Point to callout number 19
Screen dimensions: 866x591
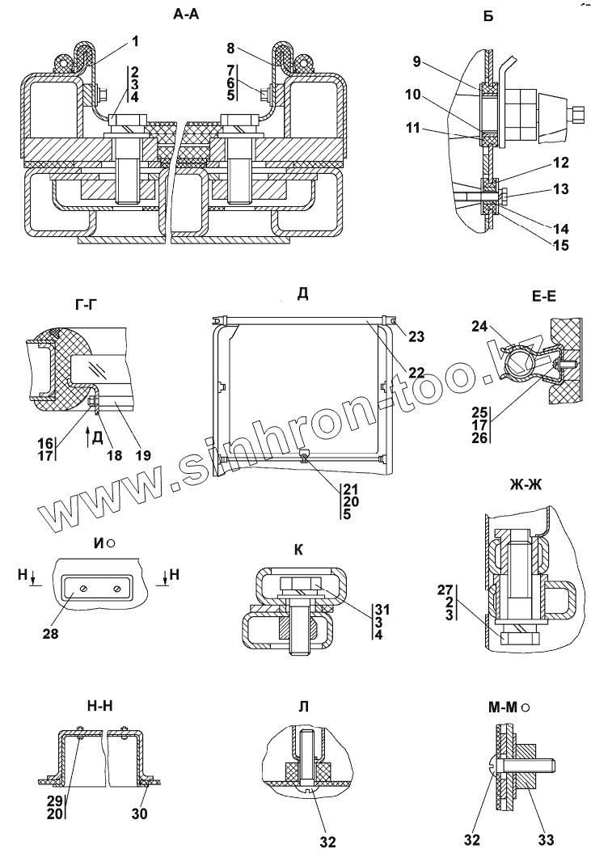tap(143, 456)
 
